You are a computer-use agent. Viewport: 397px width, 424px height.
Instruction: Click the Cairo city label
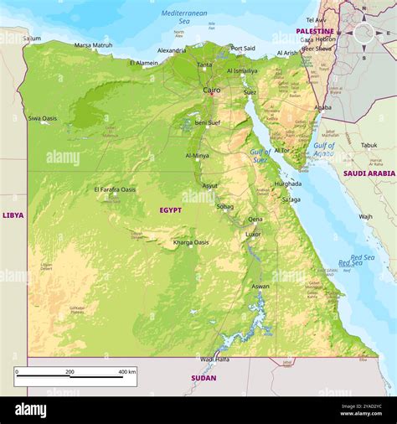click(212, 90)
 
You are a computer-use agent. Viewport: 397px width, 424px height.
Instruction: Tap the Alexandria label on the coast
click(172, 50)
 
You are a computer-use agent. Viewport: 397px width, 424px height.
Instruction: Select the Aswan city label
click(260, 287)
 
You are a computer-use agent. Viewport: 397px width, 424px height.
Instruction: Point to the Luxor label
click(253, 234)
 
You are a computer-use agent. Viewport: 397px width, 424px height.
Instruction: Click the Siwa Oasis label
click(43, 118)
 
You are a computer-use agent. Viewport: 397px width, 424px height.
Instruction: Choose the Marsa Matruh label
click(93, 45)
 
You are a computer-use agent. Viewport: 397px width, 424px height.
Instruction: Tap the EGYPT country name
click(171, 210)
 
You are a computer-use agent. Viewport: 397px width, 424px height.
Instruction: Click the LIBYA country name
click(13, 215)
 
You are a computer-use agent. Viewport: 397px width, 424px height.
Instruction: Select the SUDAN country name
click(204, 378)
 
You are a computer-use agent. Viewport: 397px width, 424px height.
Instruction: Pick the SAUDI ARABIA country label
click(369, 173)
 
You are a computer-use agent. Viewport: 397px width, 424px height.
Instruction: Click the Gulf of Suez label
click(260, 156)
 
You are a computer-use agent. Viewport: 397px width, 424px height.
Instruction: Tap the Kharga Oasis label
click(191, 242)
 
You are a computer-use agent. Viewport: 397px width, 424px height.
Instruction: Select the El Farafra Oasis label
click(115, 189)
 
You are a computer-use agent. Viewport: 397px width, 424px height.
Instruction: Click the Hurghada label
click(288, 183)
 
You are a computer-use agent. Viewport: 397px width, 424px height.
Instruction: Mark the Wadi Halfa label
click(214, 359)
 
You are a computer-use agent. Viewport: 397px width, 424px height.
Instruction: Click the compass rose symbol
click(363, 34)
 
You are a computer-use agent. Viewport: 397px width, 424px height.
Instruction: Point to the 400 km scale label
click(126, 371)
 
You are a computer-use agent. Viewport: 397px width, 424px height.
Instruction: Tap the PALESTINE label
click(315, 31)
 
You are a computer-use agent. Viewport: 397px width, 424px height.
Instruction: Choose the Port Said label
click(243, 49)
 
